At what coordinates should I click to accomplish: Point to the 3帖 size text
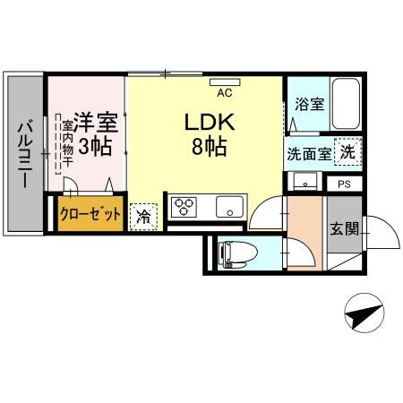pyautogui.click(x=96, y=147)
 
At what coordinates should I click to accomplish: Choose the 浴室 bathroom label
pyautogui.click(x=310, y=104)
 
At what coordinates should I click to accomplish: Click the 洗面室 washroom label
pyautogui.click(x=307, y=152)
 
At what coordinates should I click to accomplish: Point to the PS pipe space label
pyautogui.click(x=344, y=184)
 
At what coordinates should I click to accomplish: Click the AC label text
pyautogui.click(x=224, y=91)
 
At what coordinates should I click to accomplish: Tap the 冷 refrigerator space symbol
pyautogui.click(x=142, y=215)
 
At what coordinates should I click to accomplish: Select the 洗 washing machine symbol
pyautogui.click(x=347, y=151)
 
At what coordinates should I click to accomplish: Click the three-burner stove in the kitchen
pyautogui.click(x=184, y=208)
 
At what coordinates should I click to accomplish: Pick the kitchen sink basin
pyautogui.click(x=230, y=208)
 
